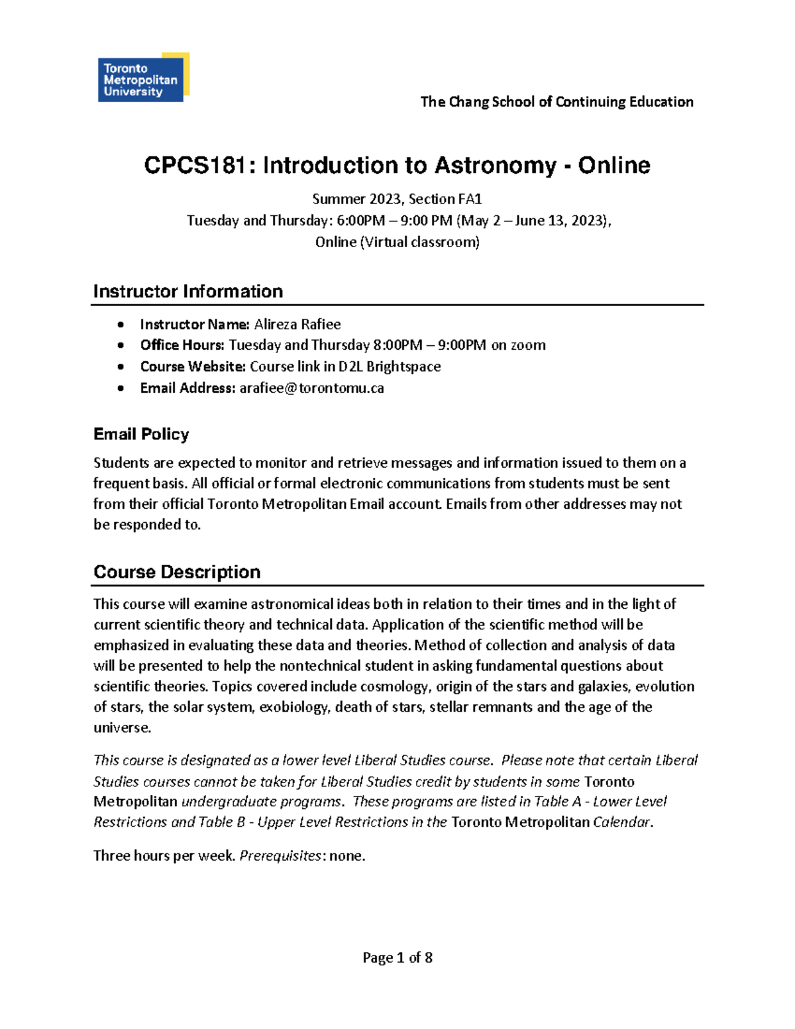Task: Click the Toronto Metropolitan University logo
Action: pyautogui.click(x=142, y=78)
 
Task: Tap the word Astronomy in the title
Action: pyautogui.click(x=495, y=165)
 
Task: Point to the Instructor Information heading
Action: pyautogui.click(x=188, y=292)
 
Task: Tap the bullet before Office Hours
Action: pyautogui.click(x=120, y=345)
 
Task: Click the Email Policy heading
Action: pyautogui.click(x=141, y=434)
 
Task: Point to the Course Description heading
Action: pyautogui.click(x=177, y=572)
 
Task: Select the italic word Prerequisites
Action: pyautogui.click(x=280, y=855)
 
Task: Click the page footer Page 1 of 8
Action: pyautogui.click(x=397, y=957)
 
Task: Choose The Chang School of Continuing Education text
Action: pyautogui.click(x=556, y=101)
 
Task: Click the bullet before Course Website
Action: pyautogui.click(x=120, y=366)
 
